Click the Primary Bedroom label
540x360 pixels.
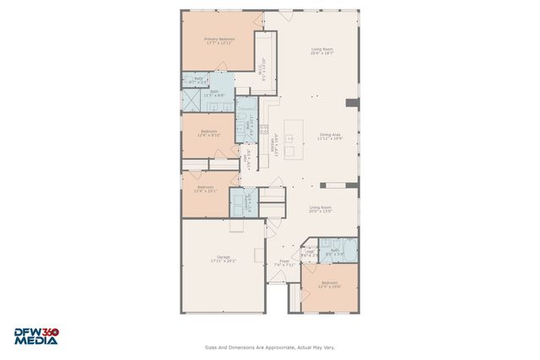(x=219, y=40)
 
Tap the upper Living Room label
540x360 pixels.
(x=322, y=51)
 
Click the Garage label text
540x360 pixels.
(x=224, y=259)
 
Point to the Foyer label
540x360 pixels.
(x=285, y=262)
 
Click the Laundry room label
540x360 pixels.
(x=246, y=201)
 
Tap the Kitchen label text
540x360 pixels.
(x=273, y=144)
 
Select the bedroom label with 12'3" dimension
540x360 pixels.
(x=329, y=284)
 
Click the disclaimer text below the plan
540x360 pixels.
(x=270, y=346)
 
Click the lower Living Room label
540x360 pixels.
(x=320, y=209)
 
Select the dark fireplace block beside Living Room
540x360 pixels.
(x=353, y=103)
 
